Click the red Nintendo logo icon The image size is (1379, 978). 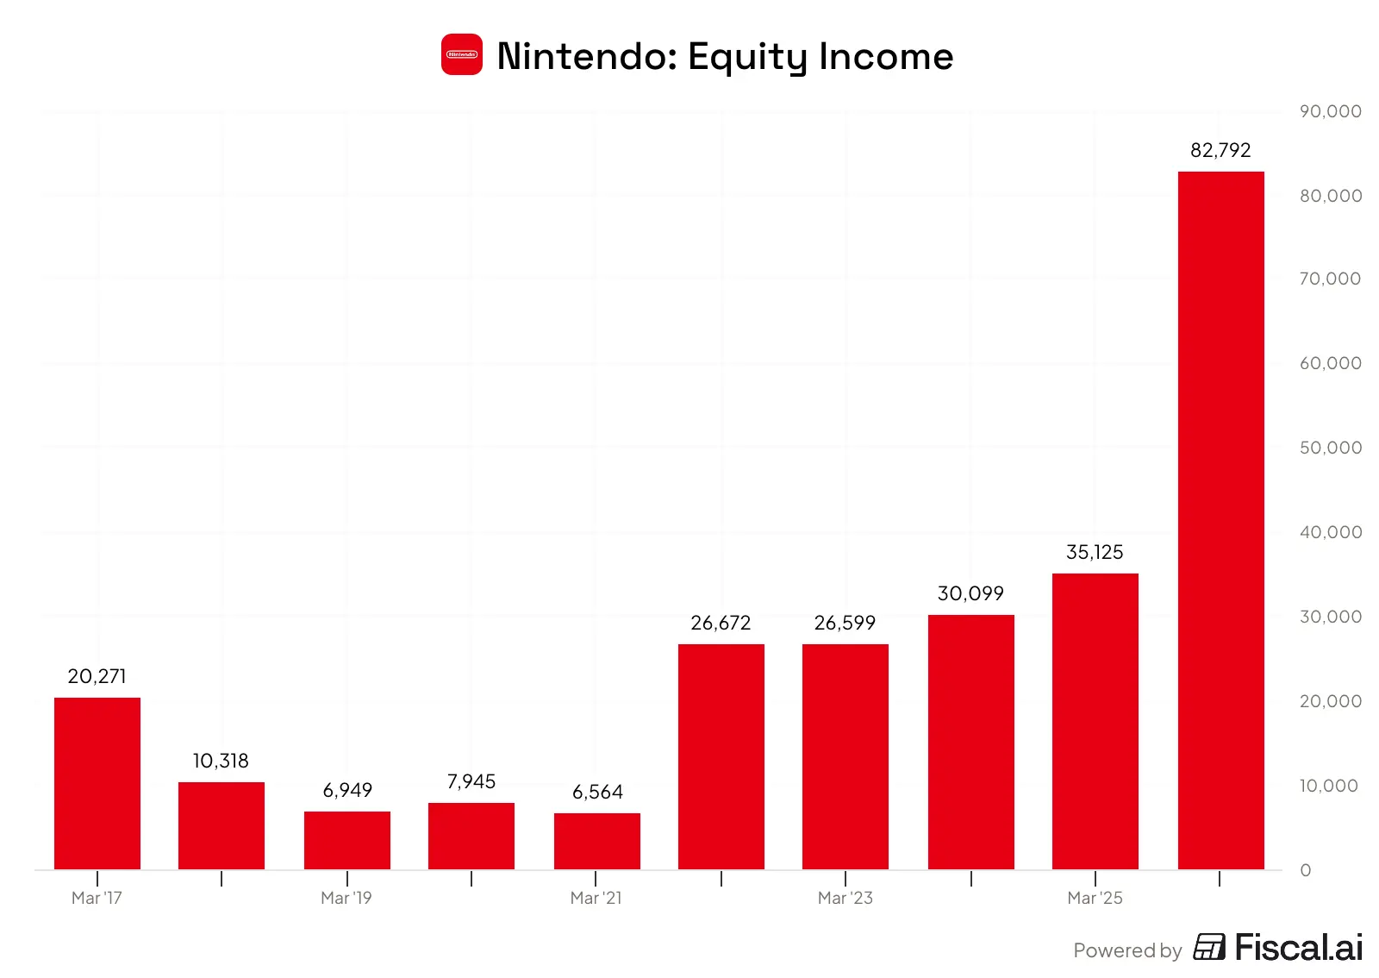click(x=462, y=54)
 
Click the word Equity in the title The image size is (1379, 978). click(x=747, y=57)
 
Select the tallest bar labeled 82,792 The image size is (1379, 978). click(x=1220, y=520)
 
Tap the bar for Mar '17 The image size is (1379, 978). click(x=97, y=783)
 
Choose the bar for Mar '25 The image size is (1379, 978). click(x=1095, y=721)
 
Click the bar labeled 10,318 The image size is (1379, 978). click(x=222, y=826)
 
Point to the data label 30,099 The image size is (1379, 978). click(x=970, y=593)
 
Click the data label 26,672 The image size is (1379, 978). click(x=721, y=623)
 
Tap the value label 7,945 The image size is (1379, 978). click(x=471, y=781)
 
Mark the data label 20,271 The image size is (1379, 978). click(x=97, y=676)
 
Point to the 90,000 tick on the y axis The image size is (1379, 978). click(x=1331, y=111)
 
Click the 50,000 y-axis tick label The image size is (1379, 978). click(x=1331, y=448)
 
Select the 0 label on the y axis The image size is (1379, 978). click(x=1305, y=870)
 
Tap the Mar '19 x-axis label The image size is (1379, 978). click(x=346, y=898)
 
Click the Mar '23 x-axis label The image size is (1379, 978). click(x=845, y=898)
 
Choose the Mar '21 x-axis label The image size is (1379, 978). click(x=596, y=898)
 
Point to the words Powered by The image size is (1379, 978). click(x=1127, y=950)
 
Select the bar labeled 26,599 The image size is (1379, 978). click(x=845, y=757)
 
